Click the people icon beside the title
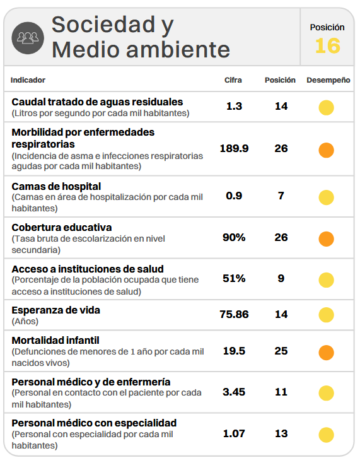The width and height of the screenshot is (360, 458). pyautogui.click(x=28, y=38)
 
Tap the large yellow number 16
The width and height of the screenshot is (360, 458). pyautogui.click(x=328, y=46)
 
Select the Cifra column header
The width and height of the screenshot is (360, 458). pyautogui.click(x=233, y=80)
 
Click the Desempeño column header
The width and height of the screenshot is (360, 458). pyautogui.click(x=328, y=80)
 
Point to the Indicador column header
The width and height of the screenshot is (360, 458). pyautogui.click(x=28, y=80)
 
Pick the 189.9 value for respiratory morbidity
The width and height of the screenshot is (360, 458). pyautogui.click(x=234, y=148)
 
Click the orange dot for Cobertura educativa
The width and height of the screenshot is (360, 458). pyautogui.click(x=326, y=239)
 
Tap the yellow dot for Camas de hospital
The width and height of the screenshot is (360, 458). pyautogui.click(x=326, y=197)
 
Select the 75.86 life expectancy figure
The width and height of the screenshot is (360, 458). pyautogui.click(x=234, y=314)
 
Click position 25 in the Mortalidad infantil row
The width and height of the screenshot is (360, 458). pyautogui.click(x=281, y=351)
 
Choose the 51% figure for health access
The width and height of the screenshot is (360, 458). pyautogui.click(x=234, y=278)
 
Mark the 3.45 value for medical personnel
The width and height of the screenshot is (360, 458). pyautogui.click(x=234, y=392)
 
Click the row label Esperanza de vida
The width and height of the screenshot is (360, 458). pyautogui.click(x=55, y=310)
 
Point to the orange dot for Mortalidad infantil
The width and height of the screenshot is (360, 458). pyautogui.click(x=326, y=353)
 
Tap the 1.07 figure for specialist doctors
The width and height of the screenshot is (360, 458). pyautogui.click(x=234, y=433)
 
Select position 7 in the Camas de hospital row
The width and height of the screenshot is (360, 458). pyautogui.click(x=281, y=196)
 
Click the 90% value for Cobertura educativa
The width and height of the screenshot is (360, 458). pyautogui.click(x=234, y=237)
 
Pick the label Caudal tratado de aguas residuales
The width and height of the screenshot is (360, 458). pyautogui.click(x=97, y=102)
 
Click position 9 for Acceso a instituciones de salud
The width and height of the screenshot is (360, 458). pyautogui.click(x=281, y=278)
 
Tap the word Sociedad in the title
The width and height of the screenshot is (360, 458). pyautogui.click(x=103, y=25)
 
